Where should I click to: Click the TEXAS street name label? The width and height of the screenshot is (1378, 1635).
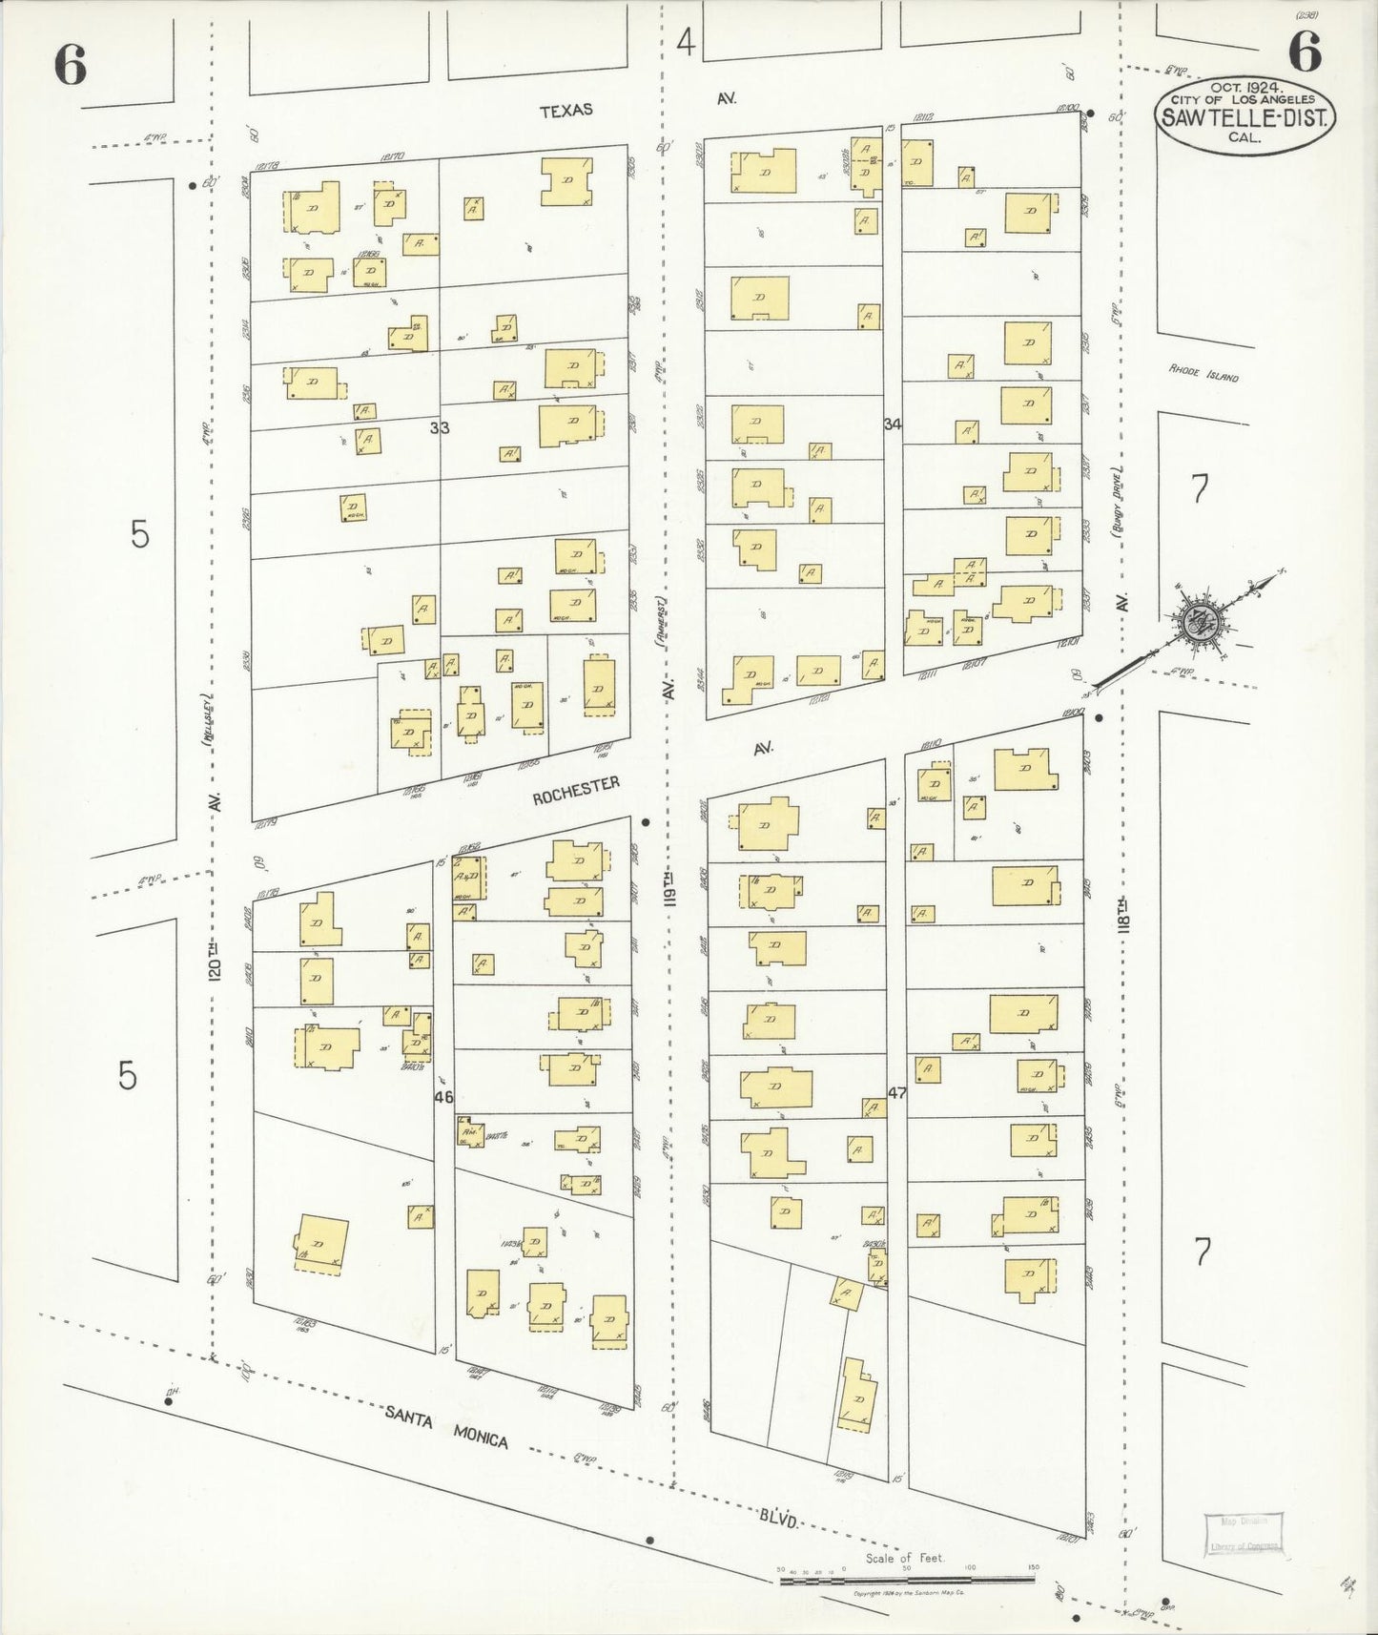click(x=566, y=110)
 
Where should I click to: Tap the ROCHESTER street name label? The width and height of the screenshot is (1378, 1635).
click(x=576, y=791)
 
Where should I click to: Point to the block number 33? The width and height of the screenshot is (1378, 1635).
click(x=439, y=428)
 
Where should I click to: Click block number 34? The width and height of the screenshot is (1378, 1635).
click(x=893, y=424)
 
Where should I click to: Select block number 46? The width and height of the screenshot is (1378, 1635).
click(x=442, y=1097)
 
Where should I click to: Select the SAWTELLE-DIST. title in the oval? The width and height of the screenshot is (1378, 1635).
click(x=1246, y=118)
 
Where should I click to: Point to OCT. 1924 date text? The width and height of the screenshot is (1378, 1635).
click(x=1245, y=86)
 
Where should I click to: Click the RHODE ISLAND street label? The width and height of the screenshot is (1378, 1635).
click(x=1203, y=374)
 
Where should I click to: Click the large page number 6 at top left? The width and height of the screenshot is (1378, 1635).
click(x=71, y=65)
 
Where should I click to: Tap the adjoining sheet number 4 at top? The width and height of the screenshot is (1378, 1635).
click(x=686, y=43)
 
